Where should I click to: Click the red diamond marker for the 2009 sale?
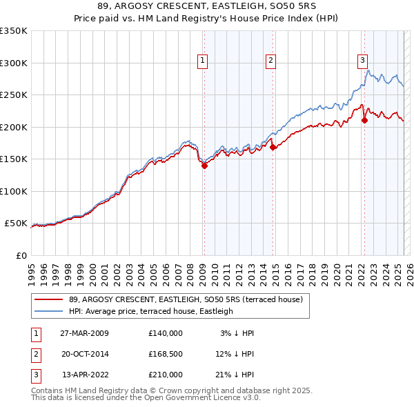[x=204, y=165]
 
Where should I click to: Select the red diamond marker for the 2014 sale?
[x=273, y=147]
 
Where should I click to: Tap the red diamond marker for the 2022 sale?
[x=364, y=120]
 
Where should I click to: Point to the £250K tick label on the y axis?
[x=13, y=95]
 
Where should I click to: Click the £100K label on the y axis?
[x=13, y=191]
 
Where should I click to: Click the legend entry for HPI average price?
[x=151, y=311]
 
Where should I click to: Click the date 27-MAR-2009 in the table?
[x=84, y=333]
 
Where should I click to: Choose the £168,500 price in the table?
[x=166, y=354]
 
